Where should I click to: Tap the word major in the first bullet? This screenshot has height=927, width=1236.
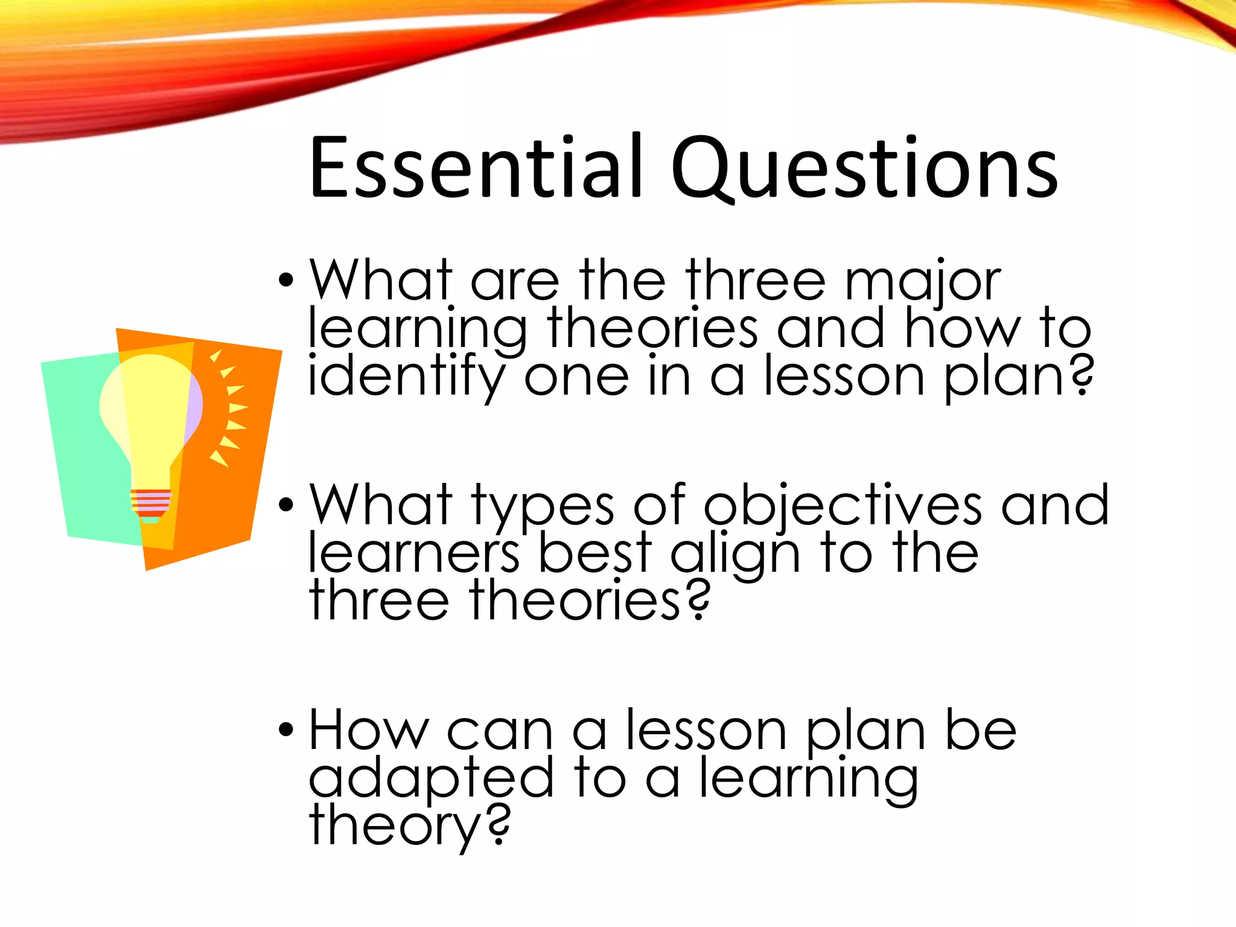(x=923, y=281)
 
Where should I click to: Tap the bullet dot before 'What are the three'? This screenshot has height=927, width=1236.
(x=286, y=281)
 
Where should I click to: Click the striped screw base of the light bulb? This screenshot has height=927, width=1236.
(x=151, y=504)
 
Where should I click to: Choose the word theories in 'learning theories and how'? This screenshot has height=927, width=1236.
(x=652, y=329)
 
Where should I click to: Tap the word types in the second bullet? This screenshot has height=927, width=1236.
(x=542, y=507)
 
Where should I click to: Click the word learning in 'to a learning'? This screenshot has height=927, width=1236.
(x=809, y=780)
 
